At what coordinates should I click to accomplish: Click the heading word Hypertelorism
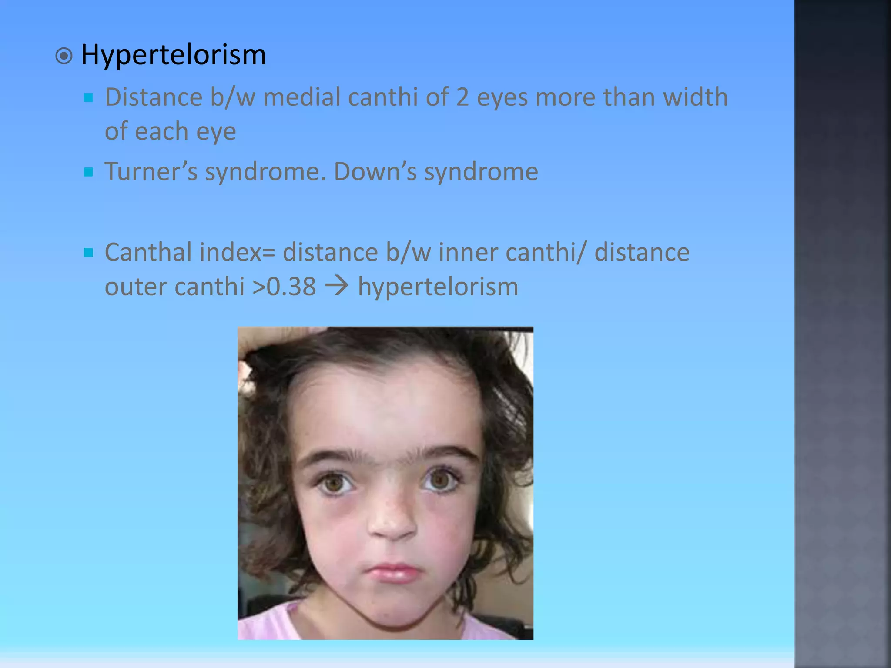click(x=173, y=55)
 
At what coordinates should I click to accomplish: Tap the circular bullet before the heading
click(x=64, y=56)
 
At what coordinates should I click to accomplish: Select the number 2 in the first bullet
click(x=462, y=97)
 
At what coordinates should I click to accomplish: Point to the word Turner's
click(x=151, y=171)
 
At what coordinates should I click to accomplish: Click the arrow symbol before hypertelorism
click(x=337, y=286)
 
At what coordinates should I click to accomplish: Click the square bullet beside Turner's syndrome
click(x=88, y=172)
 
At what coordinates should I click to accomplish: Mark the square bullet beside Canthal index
click(x=88, y=253)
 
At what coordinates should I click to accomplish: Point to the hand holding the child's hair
click(x=261, y=344)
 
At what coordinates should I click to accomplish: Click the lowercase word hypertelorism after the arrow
click(x=438, y=287)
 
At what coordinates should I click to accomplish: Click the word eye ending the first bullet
click(x=216, y=132)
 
